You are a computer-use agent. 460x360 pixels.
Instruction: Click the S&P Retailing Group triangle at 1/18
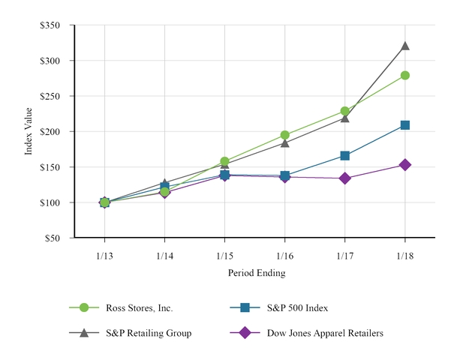tap(405, 46)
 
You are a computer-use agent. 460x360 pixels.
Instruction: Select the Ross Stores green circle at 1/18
tap(405, 75)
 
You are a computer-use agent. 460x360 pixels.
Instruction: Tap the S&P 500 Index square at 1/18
tap(405, 125)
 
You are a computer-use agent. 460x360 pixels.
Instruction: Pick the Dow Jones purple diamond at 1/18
tap(405, 165)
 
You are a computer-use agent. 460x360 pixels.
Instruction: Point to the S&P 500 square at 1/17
tap(345, 156)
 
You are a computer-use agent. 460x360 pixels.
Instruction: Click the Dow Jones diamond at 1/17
tap(345, 178)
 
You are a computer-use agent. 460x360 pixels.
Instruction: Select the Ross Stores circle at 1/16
tap(285, 136)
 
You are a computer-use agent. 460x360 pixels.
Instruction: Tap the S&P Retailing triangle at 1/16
tap(285, 142)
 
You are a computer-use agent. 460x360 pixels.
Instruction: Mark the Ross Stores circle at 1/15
tap(224, 161)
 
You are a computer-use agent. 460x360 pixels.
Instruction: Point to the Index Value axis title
tap(29, 132)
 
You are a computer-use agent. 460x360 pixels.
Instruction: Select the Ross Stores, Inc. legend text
tap(140, 307)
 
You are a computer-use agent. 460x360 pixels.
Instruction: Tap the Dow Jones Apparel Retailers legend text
tap(325, 333)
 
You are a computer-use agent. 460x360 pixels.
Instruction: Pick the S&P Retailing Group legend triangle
tap(84, 332)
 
